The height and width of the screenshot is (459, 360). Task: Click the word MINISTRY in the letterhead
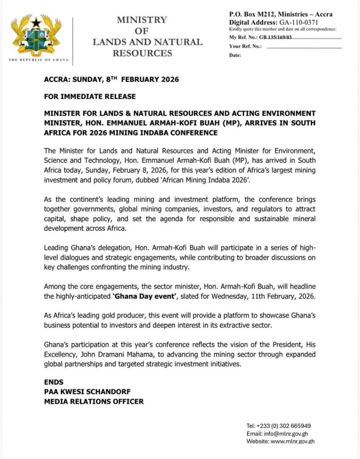[141, 20]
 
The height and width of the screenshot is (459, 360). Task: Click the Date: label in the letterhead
[235, 56]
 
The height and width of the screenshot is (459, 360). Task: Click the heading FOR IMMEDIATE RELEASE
[90, 96]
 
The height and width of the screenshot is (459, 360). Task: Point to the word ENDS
[54, 382]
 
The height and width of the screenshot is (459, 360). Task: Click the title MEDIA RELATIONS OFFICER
[94, 402]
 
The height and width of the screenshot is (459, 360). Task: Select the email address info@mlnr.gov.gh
[287, 433]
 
